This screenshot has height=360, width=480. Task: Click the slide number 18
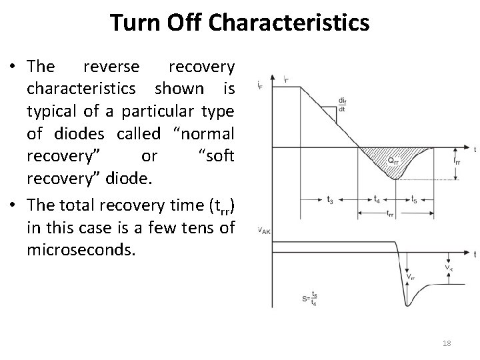[x=447, y=343]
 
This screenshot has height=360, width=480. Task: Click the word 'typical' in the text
[x=47, y=111]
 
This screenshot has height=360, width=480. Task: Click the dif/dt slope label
[x=342, y=105]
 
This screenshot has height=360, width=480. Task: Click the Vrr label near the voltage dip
[x=411, y=276]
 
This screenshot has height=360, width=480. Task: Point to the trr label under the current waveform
[x=390, y=213]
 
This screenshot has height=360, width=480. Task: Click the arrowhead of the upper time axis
[x=464, y=148]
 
